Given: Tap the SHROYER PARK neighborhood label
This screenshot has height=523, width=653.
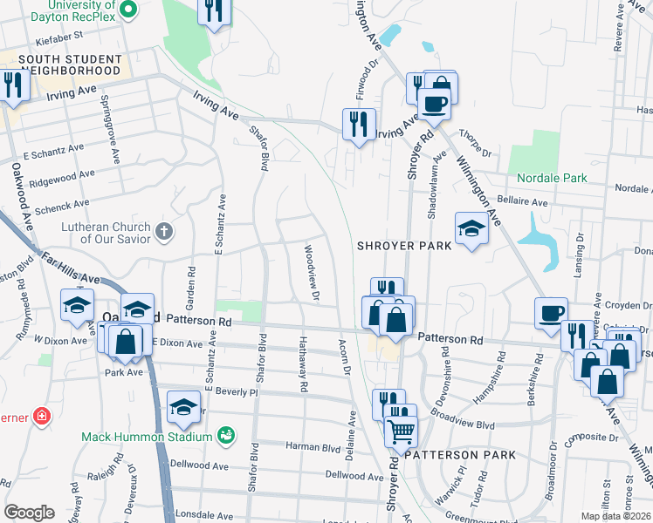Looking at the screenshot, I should point(404,246).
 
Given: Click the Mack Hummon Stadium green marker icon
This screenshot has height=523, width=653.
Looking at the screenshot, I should point(226,434).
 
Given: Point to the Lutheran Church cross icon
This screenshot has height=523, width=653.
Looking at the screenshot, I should point(164,232).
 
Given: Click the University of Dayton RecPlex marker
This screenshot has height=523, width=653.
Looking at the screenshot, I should point(127,10).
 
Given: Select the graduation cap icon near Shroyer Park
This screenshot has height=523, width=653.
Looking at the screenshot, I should point(471,228).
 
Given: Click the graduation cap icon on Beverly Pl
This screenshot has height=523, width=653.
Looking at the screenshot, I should point(184,406).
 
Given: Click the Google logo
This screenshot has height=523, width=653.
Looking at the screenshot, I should point(30,513).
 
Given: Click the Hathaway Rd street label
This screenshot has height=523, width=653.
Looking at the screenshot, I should point(304,365).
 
